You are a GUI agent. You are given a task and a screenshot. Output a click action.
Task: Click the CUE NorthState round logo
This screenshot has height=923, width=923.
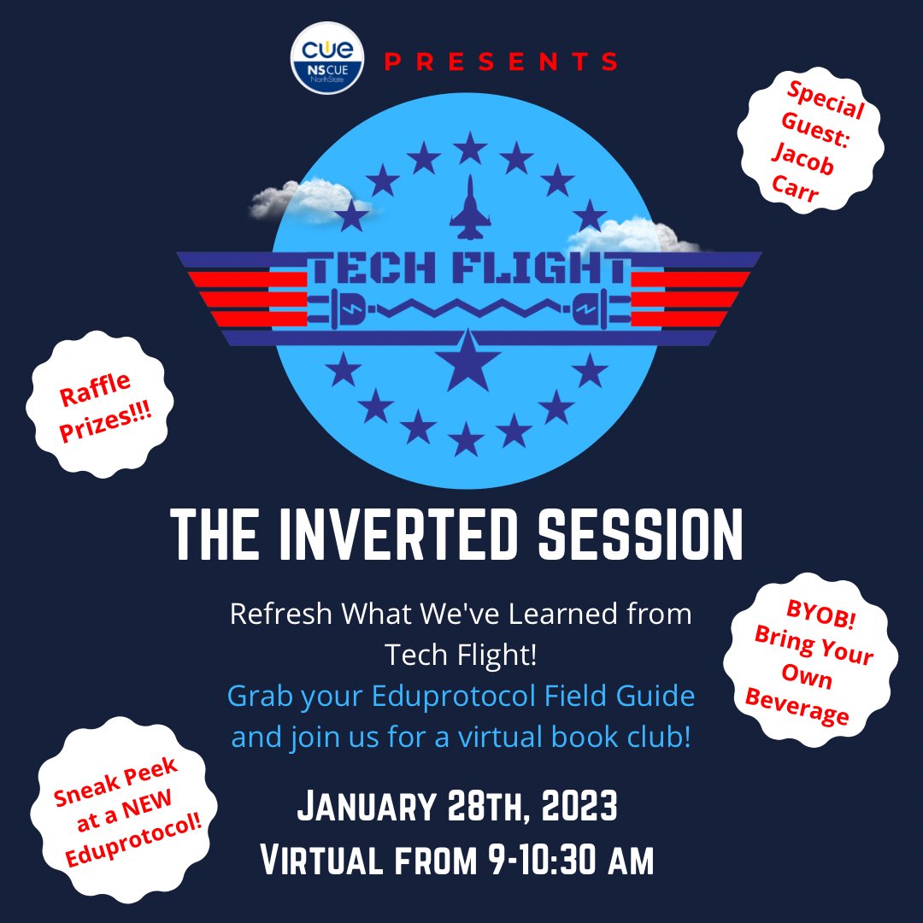[327, 59]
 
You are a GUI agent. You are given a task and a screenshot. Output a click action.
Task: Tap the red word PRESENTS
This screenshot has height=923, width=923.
[501, 62]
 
